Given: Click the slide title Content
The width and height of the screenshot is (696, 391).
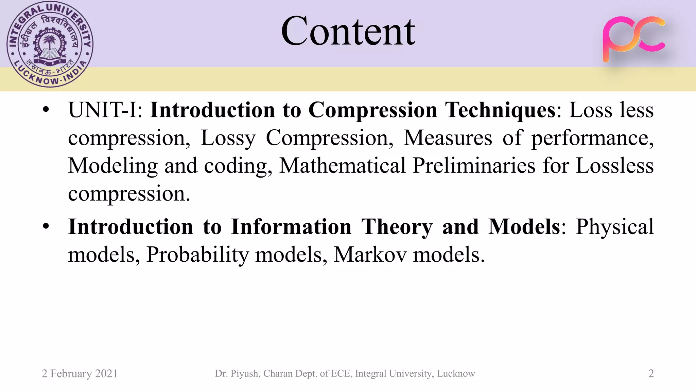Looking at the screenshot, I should coord(348,31).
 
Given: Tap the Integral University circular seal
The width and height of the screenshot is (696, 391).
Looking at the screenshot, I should coord(50,44).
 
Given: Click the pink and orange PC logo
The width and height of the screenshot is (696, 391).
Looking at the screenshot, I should coord(634,39).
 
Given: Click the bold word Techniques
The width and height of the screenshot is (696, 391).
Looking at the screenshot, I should coord(500,111).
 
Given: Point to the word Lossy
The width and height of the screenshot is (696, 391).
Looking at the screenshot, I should coord(228,138).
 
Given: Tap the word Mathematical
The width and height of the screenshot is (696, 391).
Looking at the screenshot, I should coord(343,166).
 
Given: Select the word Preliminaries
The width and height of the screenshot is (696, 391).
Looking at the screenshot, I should coord(474,166).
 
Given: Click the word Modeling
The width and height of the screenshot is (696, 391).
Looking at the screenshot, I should coord(113,166).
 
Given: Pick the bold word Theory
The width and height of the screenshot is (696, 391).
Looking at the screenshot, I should coord(397,227).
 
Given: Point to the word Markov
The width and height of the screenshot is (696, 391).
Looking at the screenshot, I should coord(370,255).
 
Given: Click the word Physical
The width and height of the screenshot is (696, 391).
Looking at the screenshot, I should coord(614,227).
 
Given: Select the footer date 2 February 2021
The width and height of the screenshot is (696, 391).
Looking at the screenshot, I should coord(80,374).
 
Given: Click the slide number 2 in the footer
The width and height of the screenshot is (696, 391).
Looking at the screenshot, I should coord(651,374).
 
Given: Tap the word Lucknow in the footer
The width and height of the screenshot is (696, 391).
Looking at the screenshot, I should coord(456,374).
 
